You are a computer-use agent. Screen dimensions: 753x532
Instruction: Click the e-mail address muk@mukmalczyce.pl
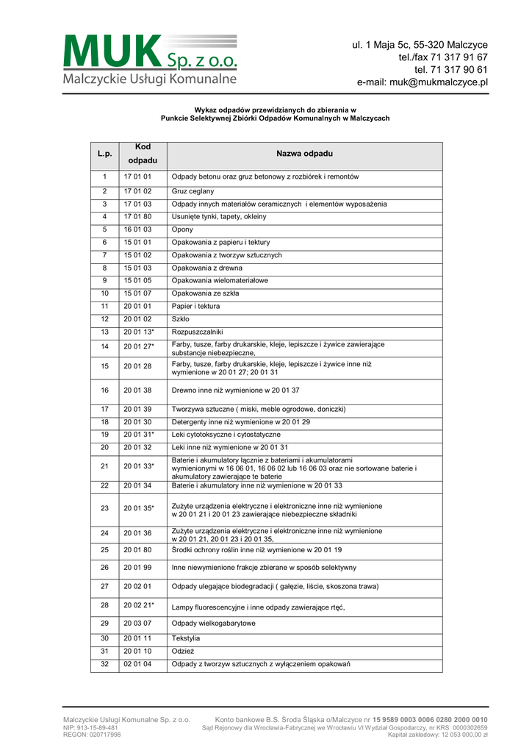coord(423,82)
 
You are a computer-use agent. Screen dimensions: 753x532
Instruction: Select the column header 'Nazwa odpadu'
coord(304,154)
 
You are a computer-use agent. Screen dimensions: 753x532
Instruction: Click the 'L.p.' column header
coord(104,154)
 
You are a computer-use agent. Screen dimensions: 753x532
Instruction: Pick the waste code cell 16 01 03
coord(137,229)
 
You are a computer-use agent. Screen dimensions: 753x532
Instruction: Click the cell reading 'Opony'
coord(183,229)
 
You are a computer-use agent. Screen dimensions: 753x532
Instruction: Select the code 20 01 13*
coord(139,332)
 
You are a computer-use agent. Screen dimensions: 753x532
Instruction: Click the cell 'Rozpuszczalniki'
coord(197,332)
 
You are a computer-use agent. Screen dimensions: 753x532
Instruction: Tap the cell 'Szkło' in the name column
coord(181,319)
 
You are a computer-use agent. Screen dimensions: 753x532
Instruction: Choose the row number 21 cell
coord(104,465)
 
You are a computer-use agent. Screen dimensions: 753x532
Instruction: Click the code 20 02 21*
coord(139,605)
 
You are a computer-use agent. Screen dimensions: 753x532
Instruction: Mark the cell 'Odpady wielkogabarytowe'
coord(214,624)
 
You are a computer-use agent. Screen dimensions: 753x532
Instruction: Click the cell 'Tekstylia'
coord(186,638)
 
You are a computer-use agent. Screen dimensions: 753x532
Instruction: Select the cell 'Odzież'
coord(183,652)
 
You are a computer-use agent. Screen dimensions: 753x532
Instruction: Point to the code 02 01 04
coord(137,665)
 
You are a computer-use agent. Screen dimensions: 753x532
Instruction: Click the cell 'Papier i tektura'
coord(195,306)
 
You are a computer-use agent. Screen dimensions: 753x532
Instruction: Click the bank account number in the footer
coord(429,719)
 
